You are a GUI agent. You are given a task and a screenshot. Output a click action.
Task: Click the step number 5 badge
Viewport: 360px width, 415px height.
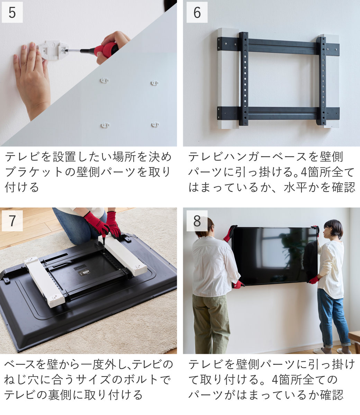12,12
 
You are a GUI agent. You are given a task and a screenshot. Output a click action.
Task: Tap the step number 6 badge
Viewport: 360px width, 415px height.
197,12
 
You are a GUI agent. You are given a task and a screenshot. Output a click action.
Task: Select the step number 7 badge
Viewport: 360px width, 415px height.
12,221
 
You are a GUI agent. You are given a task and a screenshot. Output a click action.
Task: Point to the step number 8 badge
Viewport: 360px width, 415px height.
197,221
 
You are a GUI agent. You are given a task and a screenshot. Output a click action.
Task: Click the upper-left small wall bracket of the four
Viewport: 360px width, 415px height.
104,81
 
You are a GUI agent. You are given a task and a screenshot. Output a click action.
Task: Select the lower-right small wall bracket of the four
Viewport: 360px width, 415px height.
155,124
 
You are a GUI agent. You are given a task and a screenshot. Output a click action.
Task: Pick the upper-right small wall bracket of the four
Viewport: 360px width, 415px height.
155,83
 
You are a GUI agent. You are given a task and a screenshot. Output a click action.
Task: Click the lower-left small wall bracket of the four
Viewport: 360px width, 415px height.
105,125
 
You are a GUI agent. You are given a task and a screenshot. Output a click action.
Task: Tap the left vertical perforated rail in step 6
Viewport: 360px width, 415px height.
244,79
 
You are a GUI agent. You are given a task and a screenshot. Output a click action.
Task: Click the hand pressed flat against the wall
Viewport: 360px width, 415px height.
32,80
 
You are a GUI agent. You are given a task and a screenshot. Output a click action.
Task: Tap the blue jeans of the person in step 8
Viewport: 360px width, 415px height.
334,319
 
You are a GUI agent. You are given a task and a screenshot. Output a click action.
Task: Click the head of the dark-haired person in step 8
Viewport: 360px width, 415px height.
333,230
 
